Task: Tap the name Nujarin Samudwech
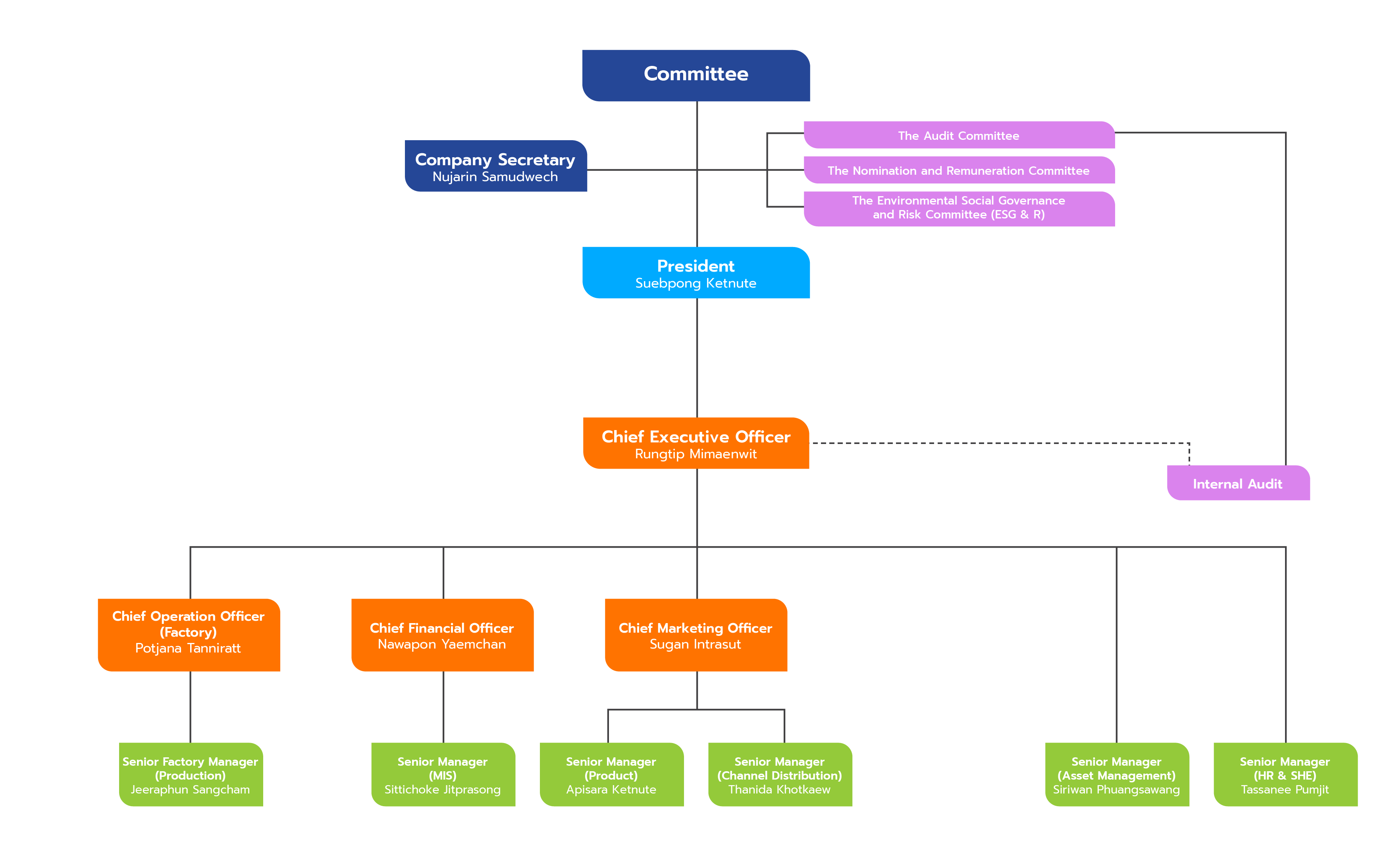tap(495, 177)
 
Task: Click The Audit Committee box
tap(959, 135)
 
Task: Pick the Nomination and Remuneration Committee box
tap(959, 170)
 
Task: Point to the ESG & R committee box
tap(959, 208)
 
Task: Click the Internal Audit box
tap(1238, 483)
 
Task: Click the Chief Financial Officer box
tap(442, 635)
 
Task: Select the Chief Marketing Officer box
tap(696, 635)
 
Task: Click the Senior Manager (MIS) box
tap(443, 774)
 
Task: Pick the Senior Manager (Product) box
tap(611, 774)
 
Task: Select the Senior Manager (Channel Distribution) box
tap(780, 774)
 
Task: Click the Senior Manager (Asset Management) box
tap(1116, 774)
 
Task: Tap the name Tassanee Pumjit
tap(1285, 790)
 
